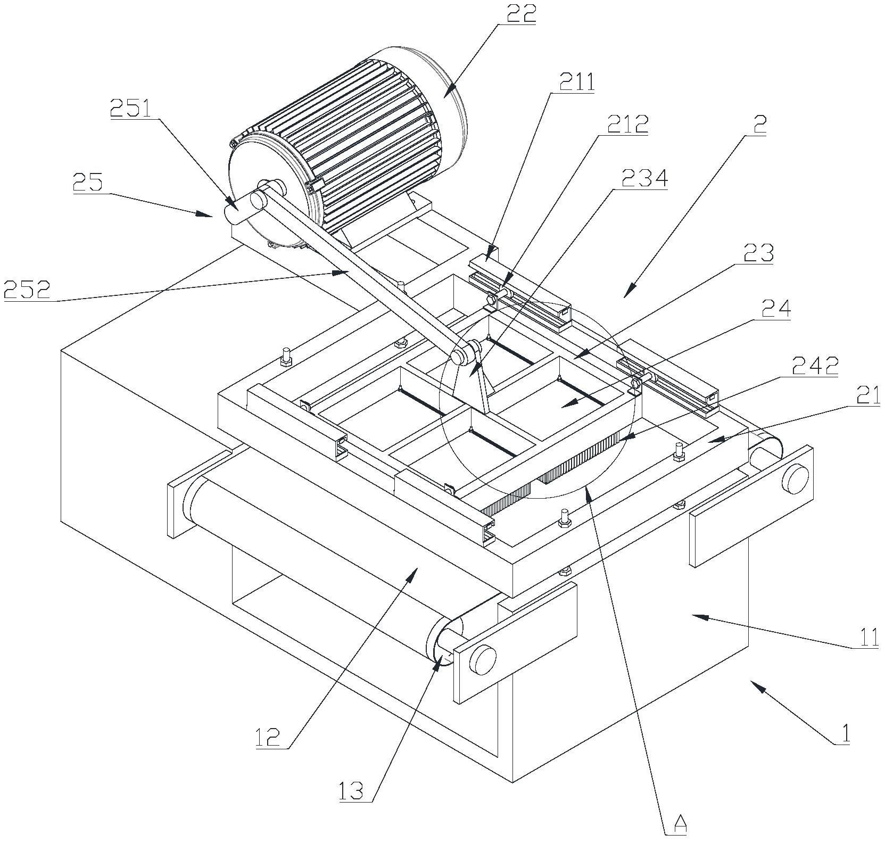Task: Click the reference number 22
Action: [518, 14]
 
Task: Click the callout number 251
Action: [130, 109]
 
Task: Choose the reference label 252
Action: [27, 290]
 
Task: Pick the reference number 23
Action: [757, 254]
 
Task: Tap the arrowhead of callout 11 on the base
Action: [698, 616]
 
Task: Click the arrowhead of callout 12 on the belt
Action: [413, 573]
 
